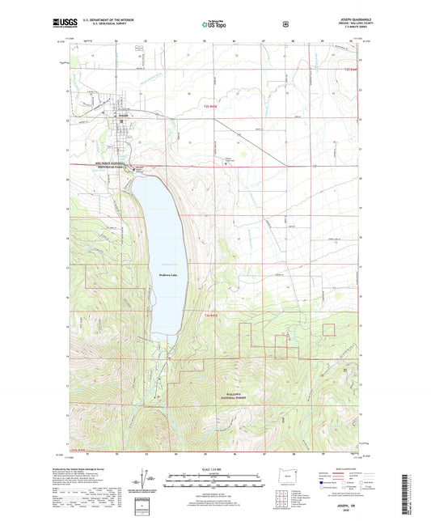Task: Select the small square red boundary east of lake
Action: (x=328, y=328)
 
